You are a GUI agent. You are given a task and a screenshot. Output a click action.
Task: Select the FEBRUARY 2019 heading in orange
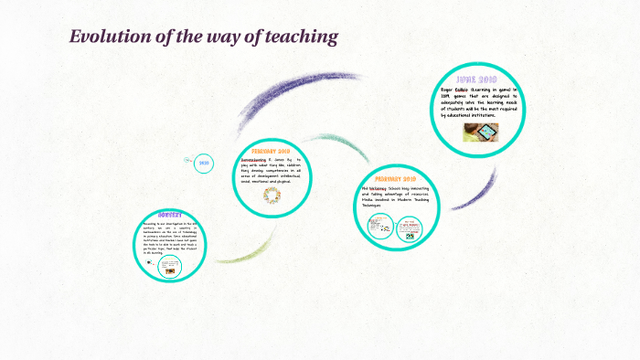(271, 151)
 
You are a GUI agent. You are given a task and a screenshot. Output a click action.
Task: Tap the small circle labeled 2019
(204, 164)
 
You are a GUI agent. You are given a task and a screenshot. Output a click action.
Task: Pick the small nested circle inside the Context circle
(169, 267)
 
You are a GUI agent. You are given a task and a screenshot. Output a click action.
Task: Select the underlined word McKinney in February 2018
(379, 189)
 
